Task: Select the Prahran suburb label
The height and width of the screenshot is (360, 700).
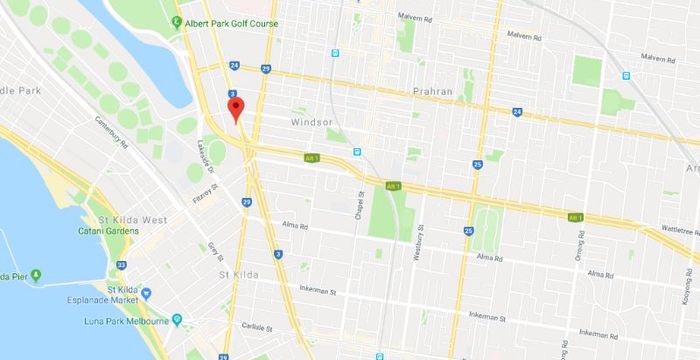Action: pos(433,91)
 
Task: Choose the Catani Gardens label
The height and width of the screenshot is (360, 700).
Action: pos(106,231)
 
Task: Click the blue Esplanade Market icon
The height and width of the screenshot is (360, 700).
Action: pos(146,294)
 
